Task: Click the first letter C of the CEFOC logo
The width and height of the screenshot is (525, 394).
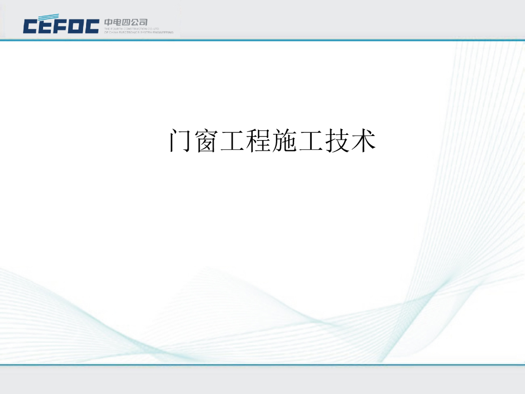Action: click(30, 26)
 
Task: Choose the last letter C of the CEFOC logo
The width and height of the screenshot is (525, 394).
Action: click(92, 26)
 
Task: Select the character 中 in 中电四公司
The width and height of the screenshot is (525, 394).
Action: click(109, 23)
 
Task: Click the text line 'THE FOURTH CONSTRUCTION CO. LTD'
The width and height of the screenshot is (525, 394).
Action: click(132, 29)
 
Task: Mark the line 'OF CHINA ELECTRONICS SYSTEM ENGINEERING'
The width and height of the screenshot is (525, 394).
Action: click(138, 32)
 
